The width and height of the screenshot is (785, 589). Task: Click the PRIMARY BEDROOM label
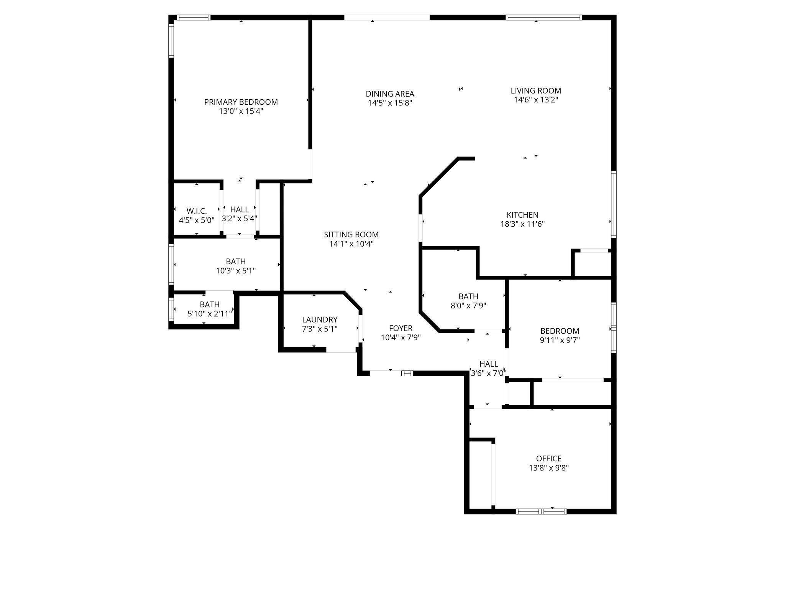(241, 102)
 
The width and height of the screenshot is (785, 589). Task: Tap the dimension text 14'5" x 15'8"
(390, 103)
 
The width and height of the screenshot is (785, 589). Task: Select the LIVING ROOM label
(535, 91)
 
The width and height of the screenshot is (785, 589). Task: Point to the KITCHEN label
(522, 215)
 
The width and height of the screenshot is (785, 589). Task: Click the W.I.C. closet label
(197, 211)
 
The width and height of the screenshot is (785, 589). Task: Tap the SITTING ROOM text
(351, 235)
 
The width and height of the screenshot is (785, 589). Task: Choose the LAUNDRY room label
(320, 320)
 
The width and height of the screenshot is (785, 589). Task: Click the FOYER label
(401, 328)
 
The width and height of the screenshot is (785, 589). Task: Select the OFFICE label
(549, 459)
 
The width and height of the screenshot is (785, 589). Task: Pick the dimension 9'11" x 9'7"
(560, 340)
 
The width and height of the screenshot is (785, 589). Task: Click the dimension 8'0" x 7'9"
(468, 306)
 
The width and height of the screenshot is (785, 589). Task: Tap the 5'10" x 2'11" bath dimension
(210, 314)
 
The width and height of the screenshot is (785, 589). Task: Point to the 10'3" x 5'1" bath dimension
(236, 271)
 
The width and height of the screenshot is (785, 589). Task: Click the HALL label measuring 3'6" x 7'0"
(489, 364)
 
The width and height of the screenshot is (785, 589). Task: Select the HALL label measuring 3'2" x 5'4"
(240, 210)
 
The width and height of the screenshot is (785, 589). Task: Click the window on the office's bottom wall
(541, 511)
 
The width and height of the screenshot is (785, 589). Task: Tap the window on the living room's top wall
(544, 17)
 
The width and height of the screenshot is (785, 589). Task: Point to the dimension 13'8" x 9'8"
(549, 468)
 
